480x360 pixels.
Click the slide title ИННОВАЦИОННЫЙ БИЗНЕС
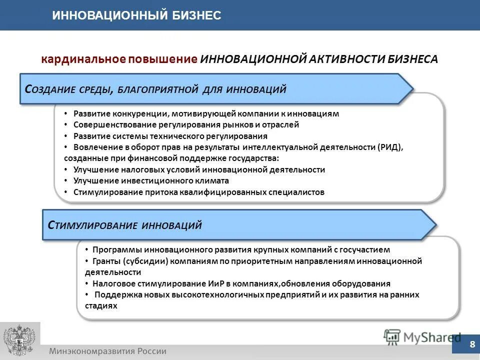tap(136, 16)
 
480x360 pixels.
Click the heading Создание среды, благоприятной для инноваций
tap(155, 89)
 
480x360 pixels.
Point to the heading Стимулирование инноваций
tap(124, 225)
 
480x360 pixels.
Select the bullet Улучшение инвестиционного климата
tap(151, 180)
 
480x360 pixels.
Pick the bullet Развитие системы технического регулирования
tap(170, 136)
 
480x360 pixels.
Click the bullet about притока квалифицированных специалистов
tap(198, 192)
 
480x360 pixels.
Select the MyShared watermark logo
tap(422, 337)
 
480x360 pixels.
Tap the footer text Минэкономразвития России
tap(107, 351)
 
